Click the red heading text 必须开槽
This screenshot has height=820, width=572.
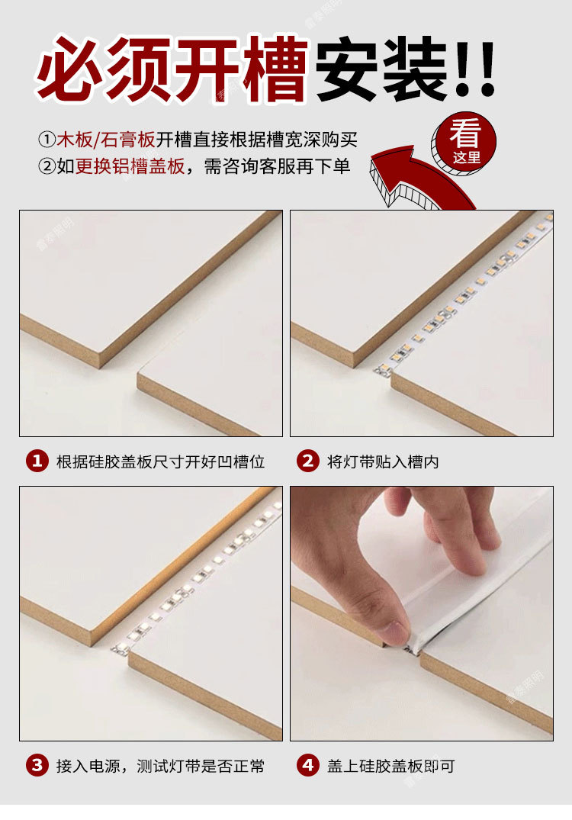(172, 69)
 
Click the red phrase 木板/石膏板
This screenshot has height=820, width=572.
(106, 140)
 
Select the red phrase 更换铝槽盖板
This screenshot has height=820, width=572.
(130, 166)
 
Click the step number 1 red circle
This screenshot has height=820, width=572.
(37, 461)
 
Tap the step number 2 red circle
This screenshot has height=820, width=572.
(307, 461)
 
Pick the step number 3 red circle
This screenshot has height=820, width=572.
(37, 766)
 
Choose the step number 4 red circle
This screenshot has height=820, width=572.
(307, 766)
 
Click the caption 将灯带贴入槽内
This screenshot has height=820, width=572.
(383, 462)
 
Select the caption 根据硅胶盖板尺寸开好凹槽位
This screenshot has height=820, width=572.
(160, 462)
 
